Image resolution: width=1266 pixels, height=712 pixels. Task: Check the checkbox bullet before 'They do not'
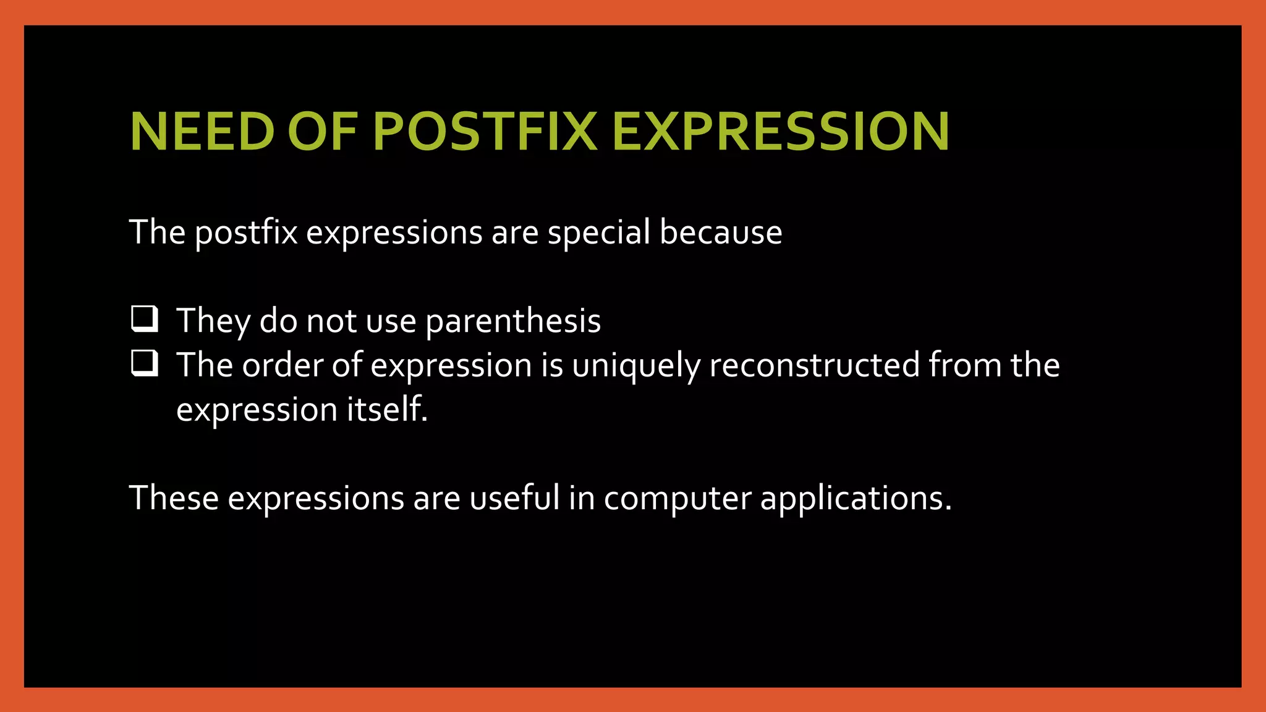(x=145, y=320)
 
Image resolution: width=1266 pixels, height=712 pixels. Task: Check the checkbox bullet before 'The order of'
(x=145, y=363)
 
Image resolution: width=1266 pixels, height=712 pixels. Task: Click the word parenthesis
(x=513, y=321)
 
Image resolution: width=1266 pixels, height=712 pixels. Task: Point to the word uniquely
(x=636, y=366)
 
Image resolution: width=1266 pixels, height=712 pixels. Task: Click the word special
(x=598, y=234)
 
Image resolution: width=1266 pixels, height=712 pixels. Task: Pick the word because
(x=721, y=232)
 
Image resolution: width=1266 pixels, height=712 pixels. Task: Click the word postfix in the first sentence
(x=246, y=234)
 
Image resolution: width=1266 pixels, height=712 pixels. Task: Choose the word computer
(x=677, y=499)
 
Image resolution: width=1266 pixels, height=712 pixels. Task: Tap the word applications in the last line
(x=856, y=499)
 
